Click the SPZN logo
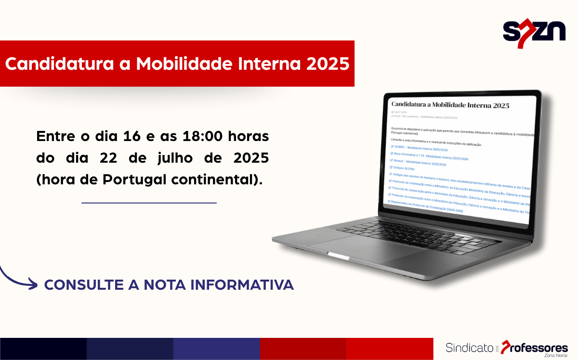click(x=534, y=33)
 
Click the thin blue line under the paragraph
click(x=149, y=203)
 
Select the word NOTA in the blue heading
click(x=163, y=284)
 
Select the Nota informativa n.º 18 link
click(x=429, y=156)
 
